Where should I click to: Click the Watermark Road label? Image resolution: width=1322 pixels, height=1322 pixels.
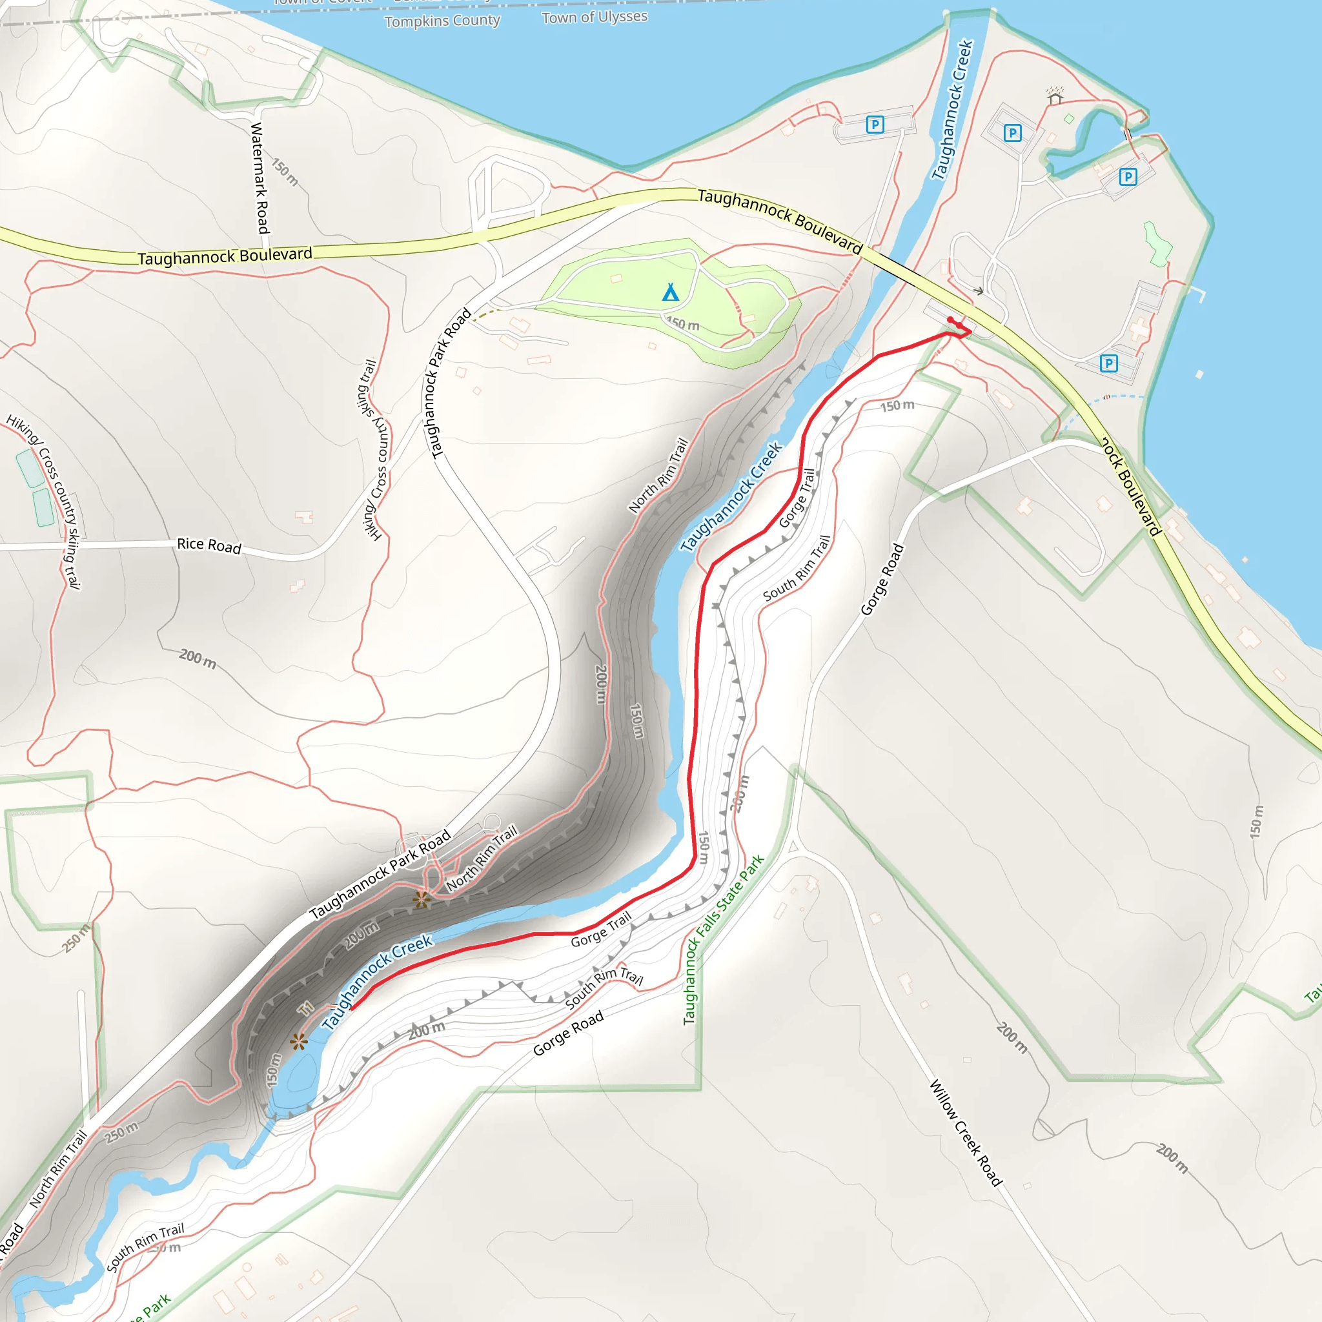(259, 178)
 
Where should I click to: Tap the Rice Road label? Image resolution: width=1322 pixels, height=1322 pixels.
(208, 545)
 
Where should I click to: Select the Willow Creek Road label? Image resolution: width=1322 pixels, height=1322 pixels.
(966, 1132)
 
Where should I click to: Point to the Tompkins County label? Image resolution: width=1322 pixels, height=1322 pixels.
(442, 21)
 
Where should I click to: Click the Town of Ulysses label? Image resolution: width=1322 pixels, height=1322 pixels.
(594, 17)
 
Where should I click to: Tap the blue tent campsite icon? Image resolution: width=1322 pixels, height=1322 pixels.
(671, 292)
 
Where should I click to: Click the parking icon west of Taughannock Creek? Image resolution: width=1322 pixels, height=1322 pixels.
(875, 125)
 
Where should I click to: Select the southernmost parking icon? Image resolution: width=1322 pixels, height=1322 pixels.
(1108, 363)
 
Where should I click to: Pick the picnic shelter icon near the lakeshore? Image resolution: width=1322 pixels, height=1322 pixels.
(1055, 96)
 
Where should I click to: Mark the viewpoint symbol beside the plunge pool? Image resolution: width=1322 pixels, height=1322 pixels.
(298, 1041)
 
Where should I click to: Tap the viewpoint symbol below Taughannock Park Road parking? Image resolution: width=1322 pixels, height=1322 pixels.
(421, 900)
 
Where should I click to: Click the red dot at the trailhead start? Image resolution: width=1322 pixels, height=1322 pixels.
(950, 320)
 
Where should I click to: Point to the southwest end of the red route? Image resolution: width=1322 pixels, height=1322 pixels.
(351, 1007)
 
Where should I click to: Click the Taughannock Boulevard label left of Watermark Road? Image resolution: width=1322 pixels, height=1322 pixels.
(225, 257)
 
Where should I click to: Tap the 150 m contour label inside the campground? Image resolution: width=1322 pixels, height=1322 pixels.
(683, 323)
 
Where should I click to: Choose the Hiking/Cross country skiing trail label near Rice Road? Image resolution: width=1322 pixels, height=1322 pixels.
(375, 449)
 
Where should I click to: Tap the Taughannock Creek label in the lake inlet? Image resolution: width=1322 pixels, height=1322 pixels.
(951, 110)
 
